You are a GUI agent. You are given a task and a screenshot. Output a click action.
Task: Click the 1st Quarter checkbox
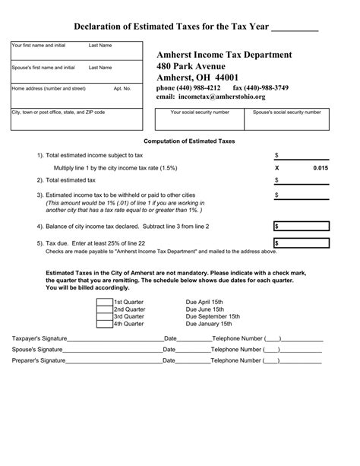[104, 302]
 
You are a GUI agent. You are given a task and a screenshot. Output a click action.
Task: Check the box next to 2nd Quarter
[104, 309]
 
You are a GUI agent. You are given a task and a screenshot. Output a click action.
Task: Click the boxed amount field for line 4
[302, 227]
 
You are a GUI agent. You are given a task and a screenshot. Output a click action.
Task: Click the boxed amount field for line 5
[302, 243]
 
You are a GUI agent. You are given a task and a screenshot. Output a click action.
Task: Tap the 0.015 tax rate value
[320, 167]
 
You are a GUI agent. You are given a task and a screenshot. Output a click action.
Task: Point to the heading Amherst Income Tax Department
[224, 55]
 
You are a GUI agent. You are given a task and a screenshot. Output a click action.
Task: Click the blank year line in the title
[295, 28]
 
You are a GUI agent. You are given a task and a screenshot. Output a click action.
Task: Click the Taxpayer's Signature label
[38, 338]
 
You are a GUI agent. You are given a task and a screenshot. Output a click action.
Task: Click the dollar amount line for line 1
[302, 155]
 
